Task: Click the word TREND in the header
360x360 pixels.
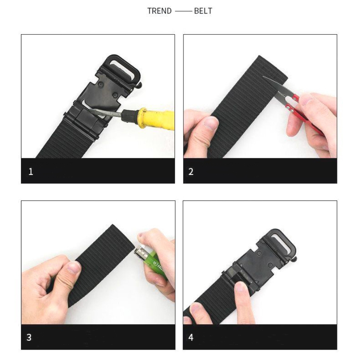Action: coord(159,11)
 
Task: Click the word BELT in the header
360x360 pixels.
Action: coord(203,11)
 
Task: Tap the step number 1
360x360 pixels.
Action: coord(31,172)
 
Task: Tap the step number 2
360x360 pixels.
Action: coord(191,172)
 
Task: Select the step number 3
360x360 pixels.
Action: coord(29,337)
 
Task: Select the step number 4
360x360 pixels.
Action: coord(191,337)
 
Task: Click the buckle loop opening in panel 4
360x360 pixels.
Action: coord(281,242)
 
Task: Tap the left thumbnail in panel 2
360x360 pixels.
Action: coord(211,123)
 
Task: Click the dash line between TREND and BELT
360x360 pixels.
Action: coord(183,11)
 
